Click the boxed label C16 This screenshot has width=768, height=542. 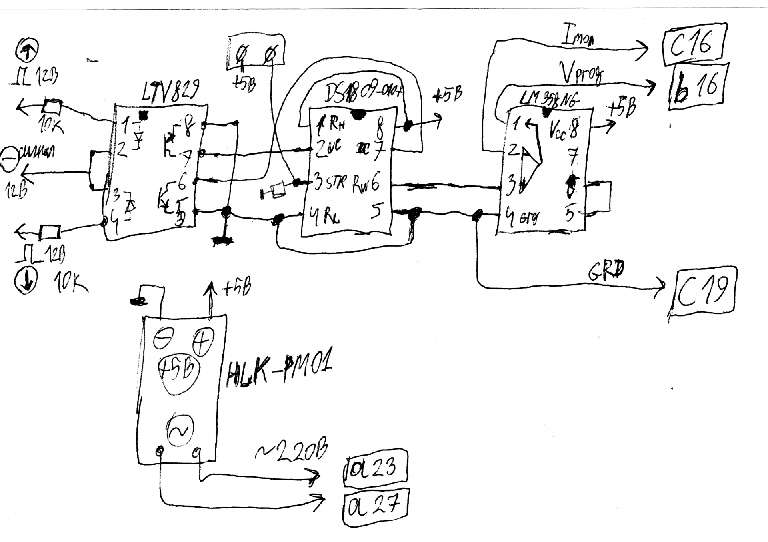tap(693, 45)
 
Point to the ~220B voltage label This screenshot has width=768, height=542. tap(292, 452)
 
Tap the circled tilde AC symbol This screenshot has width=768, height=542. tap(180, 430)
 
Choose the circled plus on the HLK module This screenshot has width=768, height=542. tap(203, 341)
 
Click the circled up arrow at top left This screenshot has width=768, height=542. tap(27, 50)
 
